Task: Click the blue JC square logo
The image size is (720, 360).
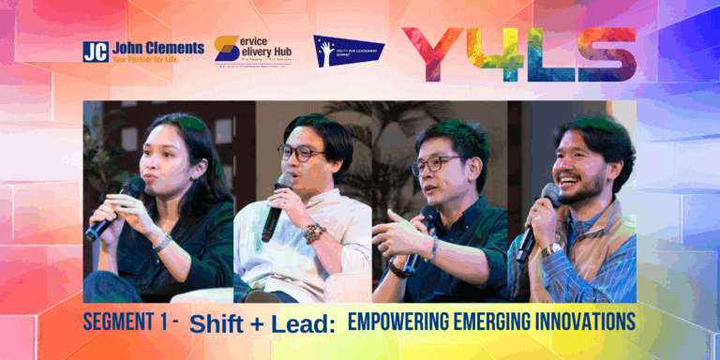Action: tap(96, 52)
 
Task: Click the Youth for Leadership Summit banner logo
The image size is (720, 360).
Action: tap(349, 52)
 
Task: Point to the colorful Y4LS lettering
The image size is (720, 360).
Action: tap(517, 52)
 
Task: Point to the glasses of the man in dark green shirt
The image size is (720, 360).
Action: tap(437, 163)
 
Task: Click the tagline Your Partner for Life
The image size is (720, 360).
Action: tap(156, 59)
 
